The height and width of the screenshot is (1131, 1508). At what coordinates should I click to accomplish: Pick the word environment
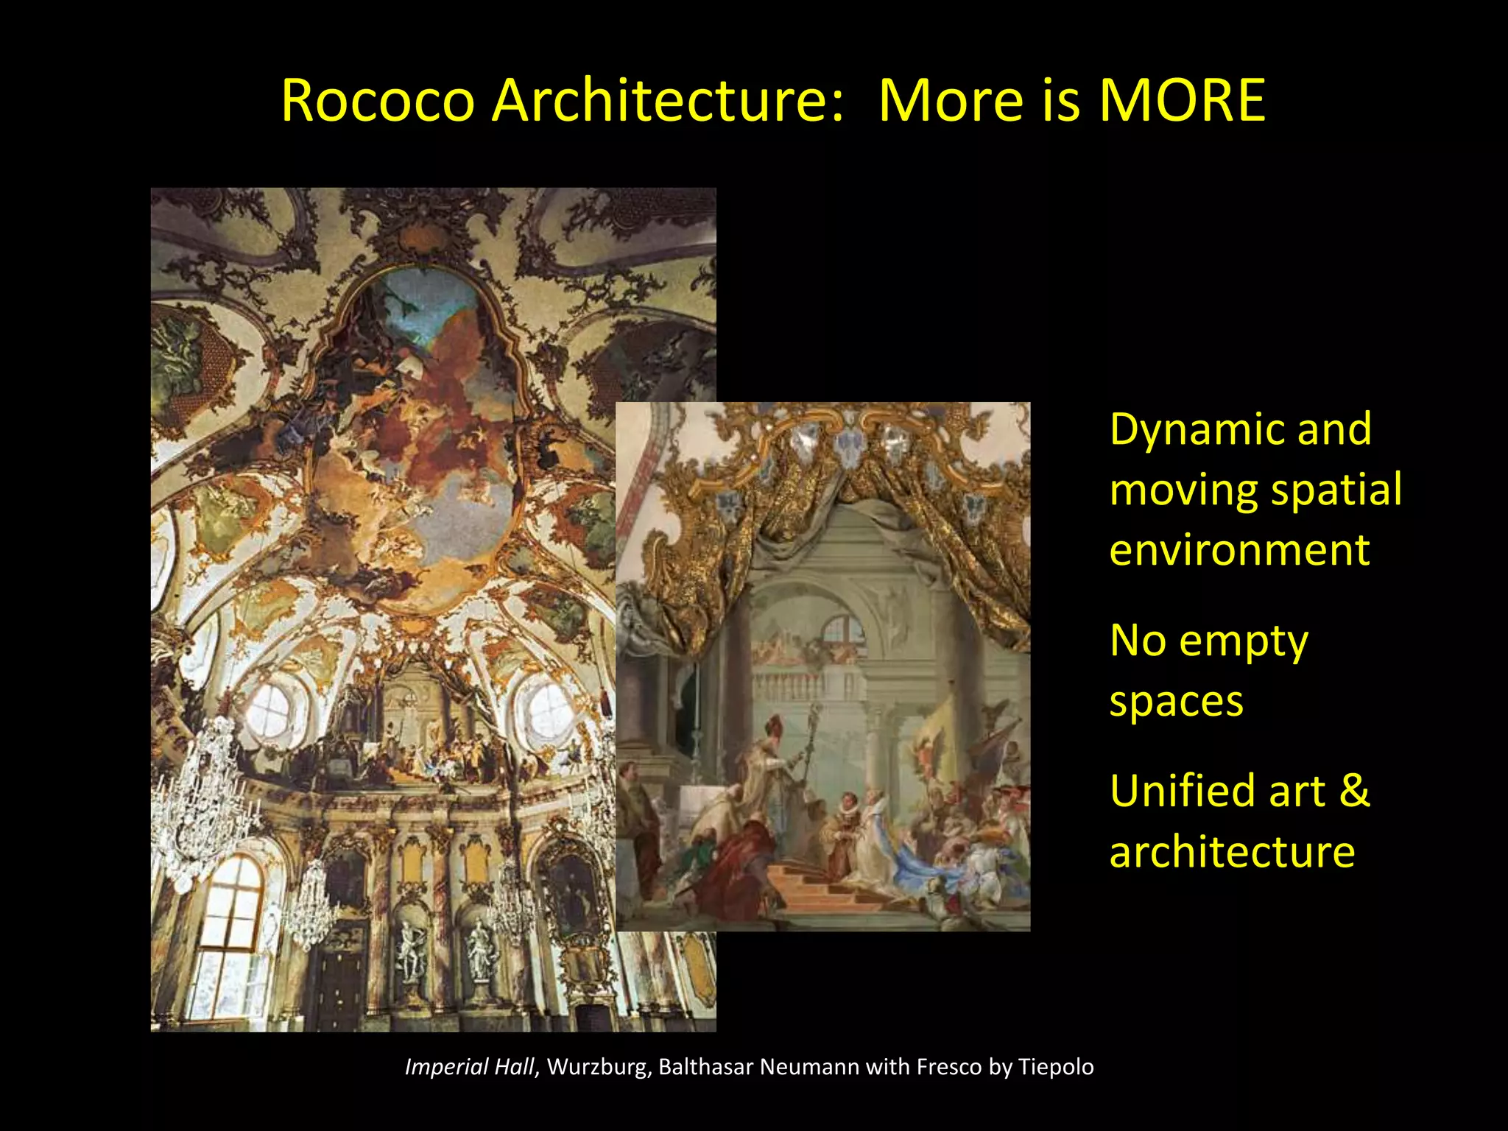(1239, 550)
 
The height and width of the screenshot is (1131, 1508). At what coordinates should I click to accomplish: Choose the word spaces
(1176, 701)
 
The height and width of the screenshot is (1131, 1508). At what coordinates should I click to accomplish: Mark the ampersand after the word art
(1354, 791)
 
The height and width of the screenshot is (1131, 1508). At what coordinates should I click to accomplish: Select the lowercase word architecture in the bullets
(1232, 852)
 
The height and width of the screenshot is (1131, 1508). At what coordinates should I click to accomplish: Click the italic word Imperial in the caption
(446, 1067)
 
